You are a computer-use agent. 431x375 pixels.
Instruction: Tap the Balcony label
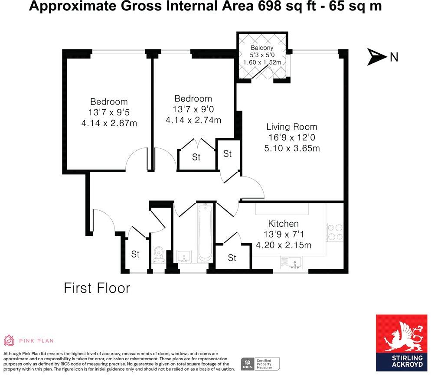262,48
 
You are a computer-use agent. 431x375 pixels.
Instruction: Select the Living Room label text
291,127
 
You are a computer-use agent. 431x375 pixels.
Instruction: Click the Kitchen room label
283,224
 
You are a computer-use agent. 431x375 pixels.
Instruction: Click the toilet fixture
159,255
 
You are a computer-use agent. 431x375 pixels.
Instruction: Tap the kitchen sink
296,262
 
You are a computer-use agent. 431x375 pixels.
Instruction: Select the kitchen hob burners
334,232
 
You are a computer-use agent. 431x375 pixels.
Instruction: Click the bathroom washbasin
185,256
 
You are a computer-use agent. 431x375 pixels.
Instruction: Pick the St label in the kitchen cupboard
232,258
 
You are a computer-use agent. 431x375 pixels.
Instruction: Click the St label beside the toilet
135,254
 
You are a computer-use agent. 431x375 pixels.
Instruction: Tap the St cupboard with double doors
196,157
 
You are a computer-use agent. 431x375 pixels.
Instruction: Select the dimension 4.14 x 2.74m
193,120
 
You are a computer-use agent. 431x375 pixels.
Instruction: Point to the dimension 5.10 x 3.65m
291,148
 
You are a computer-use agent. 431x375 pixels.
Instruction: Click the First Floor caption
97,288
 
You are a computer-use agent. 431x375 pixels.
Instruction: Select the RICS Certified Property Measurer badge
260,363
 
